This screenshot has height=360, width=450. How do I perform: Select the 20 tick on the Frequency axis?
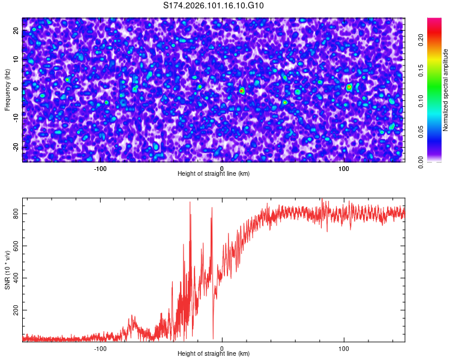click(16, 30)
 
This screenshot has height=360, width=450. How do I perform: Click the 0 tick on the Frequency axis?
click(16, 89)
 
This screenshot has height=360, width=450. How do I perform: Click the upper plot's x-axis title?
click(214, 174)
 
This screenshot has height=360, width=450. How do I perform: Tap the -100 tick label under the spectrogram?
click(100, 168)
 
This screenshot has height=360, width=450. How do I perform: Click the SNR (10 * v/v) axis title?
click(7, 270)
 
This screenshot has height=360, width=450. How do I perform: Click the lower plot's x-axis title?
click(214, 354)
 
